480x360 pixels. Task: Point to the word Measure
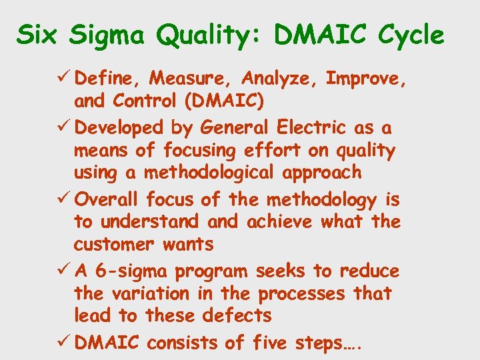191,79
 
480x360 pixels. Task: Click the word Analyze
279,79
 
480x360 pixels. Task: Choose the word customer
111,244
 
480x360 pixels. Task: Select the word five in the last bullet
270,343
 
